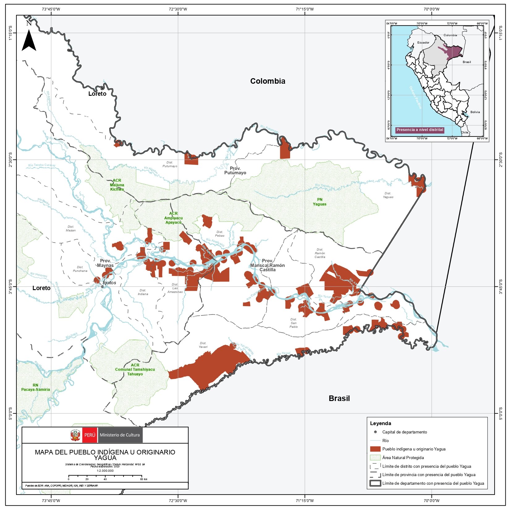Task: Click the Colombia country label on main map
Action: click(x=268, y=81)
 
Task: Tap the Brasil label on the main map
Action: click(x=339, y=398)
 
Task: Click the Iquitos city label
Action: click(x=109, y=283)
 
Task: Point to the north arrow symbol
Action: click(x=29, y=40)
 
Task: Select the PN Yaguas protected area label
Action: click(x=319, y=202)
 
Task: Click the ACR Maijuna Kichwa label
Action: click(x=117, y=185)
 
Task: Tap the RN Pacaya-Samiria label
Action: click(x=36, y=387)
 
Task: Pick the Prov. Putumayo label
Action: click(x=235, y=171)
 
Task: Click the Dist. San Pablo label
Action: click(x=294, y=323)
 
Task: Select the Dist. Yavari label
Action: click(x=203, y=345)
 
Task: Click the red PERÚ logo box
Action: click(x=90, y=435)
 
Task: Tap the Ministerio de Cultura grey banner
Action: click(x=120, y=435)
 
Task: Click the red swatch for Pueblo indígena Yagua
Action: click(x=375, y=449)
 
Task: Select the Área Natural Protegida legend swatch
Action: click(x=375, y=458)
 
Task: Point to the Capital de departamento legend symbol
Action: click(x=375, y=432)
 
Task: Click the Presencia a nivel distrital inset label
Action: click(x=420, y=130)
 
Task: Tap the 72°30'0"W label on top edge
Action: click(x=178, y=9)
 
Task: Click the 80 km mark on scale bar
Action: click(x=142, y=476)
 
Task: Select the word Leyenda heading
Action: click(x=380, y=423)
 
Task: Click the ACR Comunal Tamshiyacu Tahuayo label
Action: click(x=135, y=370)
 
